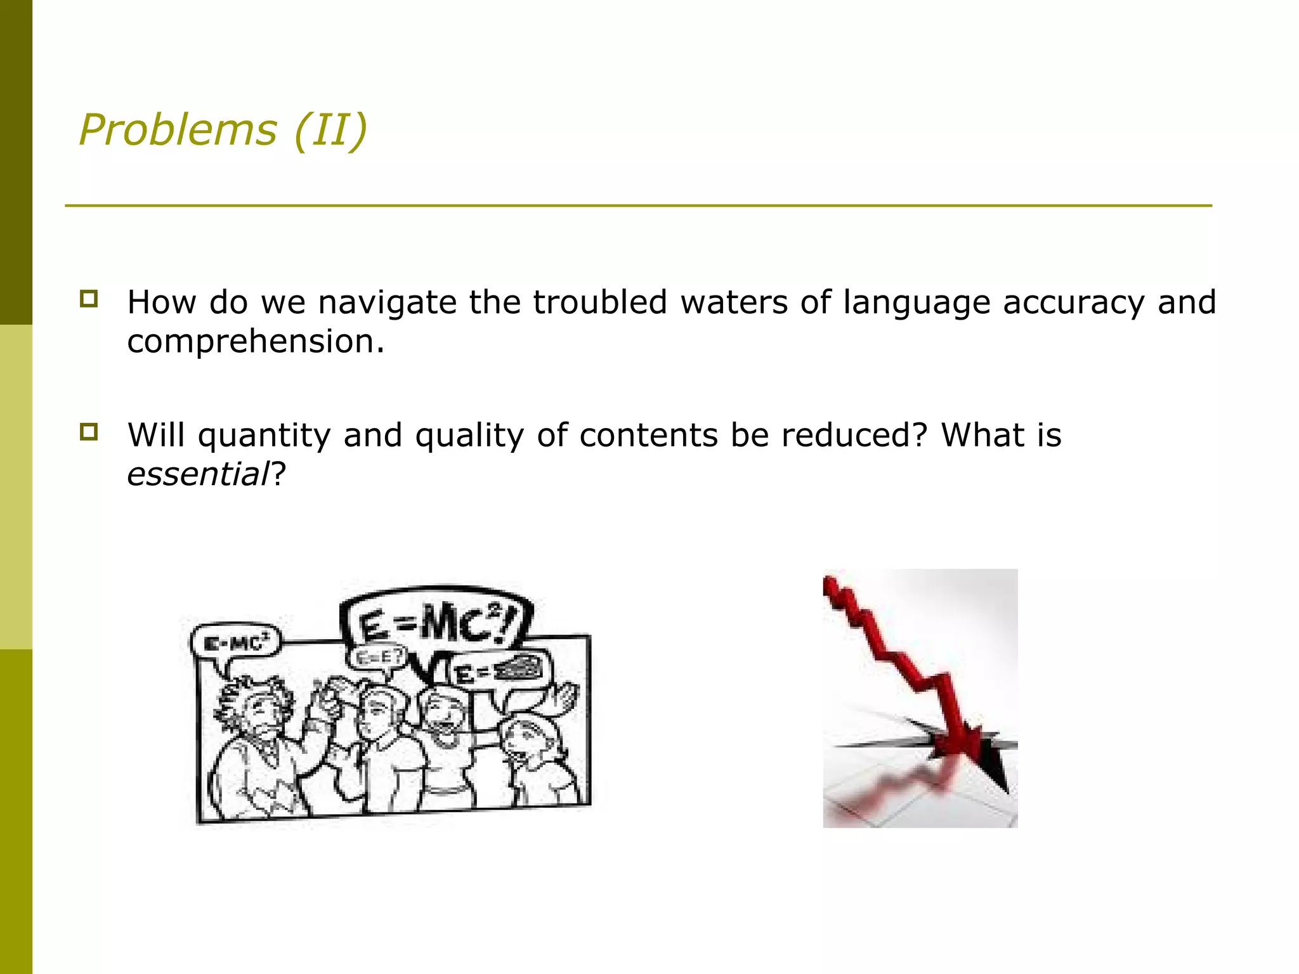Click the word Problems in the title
click(178, 130)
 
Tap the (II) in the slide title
click(330, 130)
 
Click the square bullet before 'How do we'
click(89, 299)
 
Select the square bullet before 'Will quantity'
click(89, 432)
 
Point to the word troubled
click(599, 302)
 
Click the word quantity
click(264, 436)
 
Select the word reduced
click(854, 435)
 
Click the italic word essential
click(199, 474)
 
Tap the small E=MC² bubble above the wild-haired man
click(236, 644)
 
